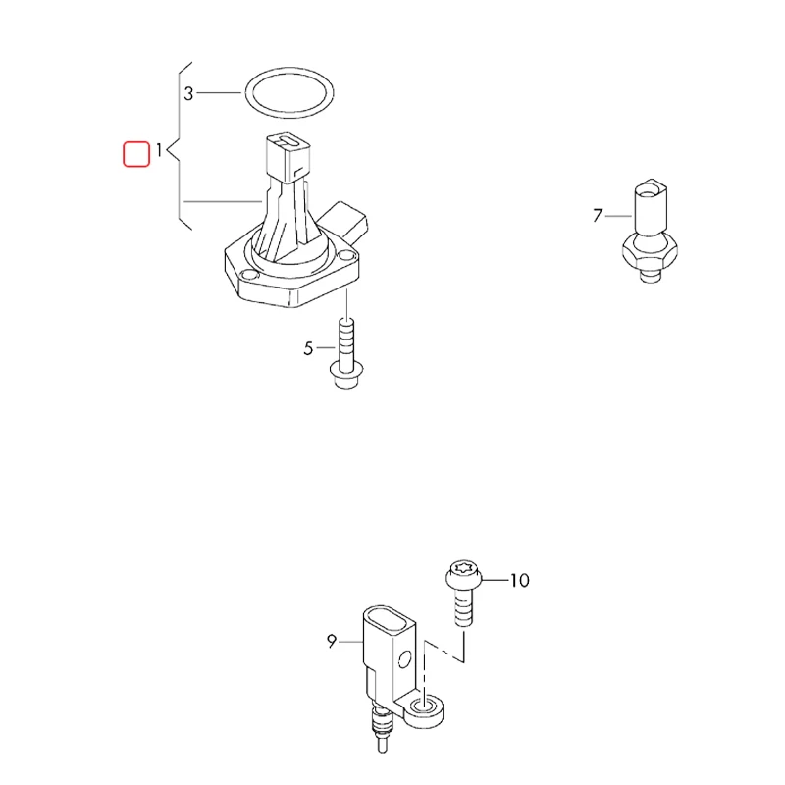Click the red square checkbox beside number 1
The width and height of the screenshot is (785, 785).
136,154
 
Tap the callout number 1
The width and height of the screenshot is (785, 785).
159,150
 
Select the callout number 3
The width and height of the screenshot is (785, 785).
188,93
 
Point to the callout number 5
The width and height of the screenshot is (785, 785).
308,348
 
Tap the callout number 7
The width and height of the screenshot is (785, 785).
598,216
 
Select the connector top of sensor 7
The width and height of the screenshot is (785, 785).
651,206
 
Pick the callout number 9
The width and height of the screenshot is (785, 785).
332,642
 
